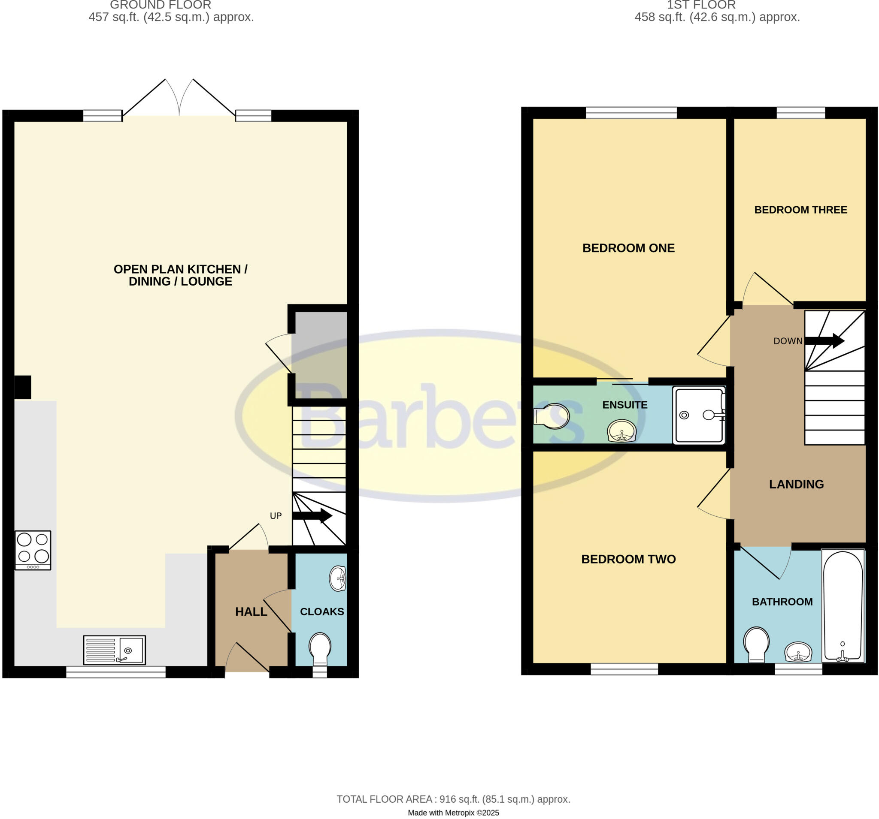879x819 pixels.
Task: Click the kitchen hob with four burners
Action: click(33, 550)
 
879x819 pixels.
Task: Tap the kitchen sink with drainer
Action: click(115, 650)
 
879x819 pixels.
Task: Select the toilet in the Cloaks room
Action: click(320, 647)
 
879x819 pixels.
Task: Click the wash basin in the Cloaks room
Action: click(338, 578)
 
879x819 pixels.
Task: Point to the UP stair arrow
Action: click(312, 515)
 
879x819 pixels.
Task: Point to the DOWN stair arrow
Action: click(824, 340)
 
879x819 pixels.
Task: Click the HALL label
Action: click(251, 612)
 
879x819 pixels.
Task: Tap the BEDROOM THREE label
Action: click(800, 210)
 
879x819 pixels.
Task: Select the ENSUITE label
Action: click(625, 405)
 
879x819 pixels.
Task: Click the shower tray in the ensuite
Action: click(699, 415)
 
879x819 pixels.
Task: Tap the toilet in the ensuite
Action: click(552, 416)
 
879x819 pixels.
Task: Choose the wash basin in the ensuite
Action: click(621, 431)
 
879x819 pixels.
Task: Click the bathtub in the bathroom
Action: click(843, 606)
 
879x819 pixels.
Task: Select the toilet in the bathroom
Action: click(757, 644)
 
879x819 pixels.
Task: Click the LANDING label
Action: click(796, 484)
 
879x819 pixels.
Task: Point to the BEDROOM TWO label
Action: click(628, 559)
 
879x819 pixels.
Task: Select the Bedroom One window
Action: click(631, 113)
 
